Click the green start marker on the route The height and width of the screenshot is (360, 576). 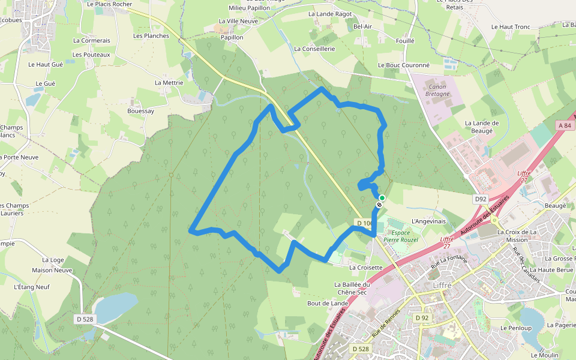pyautogui.click(x=382, y=197)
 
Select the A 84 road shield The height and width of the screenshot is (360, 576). pyautogui.click(x=564, y=125)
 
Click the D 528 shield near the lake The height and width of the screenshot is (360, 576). pyautogui.click(x=85, y=319)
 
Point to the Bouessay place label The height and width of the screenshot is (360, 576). pyautogui.click(x=140, y=111)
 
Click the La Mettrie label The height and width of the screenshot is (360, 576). pyautogui.click(x=169, y=83)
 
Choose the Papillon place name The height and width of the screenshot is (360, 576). pyautogui.click(x=232, y=37)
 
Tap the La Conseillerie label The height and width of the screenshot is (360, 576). pyautogui.click(x=314, y=49)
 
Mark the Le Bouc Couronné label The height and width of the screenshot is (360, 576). pyautogui.click(x=404, y=65)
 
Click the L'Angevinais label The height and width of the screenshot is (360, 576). pyautogui.click(x=429, y=221)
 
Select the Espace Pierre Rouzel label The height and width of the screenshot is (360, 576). pyautogui.click(x=401, y=236)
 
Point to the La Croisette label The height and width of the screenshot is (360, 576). pyautogui.click(x=365, y=268)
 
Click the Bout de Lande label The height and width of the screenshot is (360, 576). pyautogui.click(x=328, y=303)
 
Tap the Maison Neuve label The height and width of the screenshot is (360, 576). pyautogui.click(x=52, y=270)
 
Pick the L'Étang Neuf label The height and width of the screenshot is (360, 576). pyautogui.click(x=32, y=287)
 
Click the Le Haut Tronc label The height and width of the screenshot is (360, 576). pyautogui.click(x=511, y=27)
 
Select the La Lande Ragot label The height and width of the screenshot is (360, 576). pyautogui.click(x=330, y=14)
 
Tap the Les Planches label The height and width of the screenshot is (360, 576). pyautogui.click(x=151, y=35)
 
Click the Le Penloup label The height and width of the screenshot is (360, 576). pyautogui.click(x=516, y=328)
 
